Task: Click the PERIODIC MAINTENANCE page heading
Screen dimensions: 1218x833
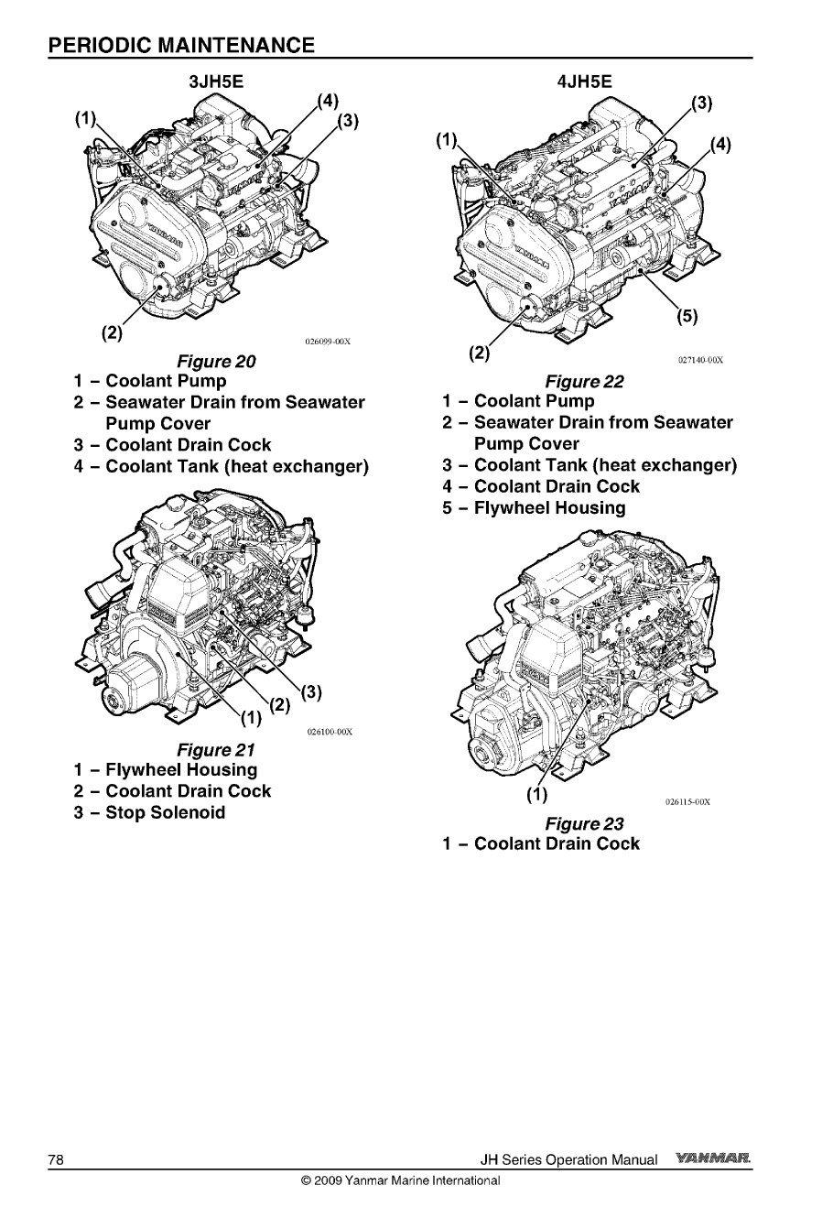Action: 182,45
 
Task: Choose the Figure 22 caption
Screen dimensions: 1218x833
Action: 584,381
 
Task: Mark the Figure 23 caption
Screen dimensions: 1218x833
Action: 584,823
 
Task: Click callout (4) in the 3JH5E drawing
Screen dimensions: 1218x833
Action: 327,100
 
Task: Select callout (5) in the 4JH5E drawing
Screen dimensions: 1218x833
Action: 687,317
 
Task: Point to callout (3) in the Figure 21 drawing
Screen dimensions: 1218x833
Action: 308,691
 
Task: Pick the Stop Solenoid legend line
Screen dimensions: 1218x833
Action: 150,812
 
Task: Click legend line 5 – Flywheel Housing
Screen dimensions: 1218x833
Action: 535,507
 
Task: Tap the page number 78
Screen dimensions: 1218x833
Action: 56,1160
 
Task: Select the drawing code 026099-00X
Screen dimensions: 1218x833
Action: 327,343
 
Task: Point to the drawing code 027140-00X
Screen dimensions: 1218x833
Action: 700,360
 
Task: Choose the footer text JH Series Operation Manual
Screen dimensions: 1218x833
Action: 568,1160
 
